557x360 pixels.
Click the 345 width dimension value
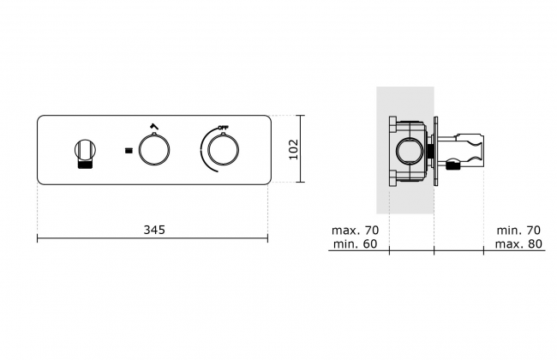[x=154, y=230]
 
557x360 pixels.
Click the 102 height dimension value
[x=293, y=149]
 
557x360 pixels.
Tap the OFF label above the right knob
[x=224, y=128]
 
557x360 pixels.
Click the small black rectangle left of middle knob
[x=129, y=150]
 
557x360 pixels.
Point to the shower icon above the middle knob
[x=153, y=126]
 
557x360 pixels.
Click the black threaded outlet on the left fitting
[x=85, y=164]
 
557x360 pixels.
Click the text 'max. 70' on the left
[x=356, y=231]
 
